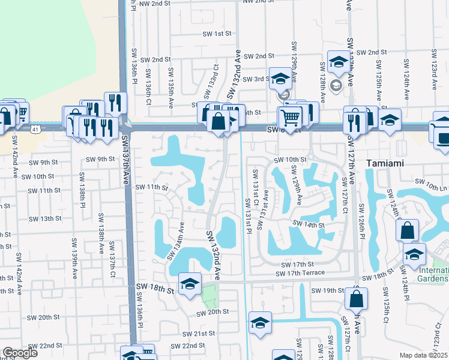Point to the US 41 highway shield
[37, 129]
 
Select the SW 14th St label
[309, 224]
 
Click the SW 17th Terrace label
[300, 273]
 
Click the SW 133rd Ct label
[209, 83]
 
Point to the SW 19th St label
[327, 290]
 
